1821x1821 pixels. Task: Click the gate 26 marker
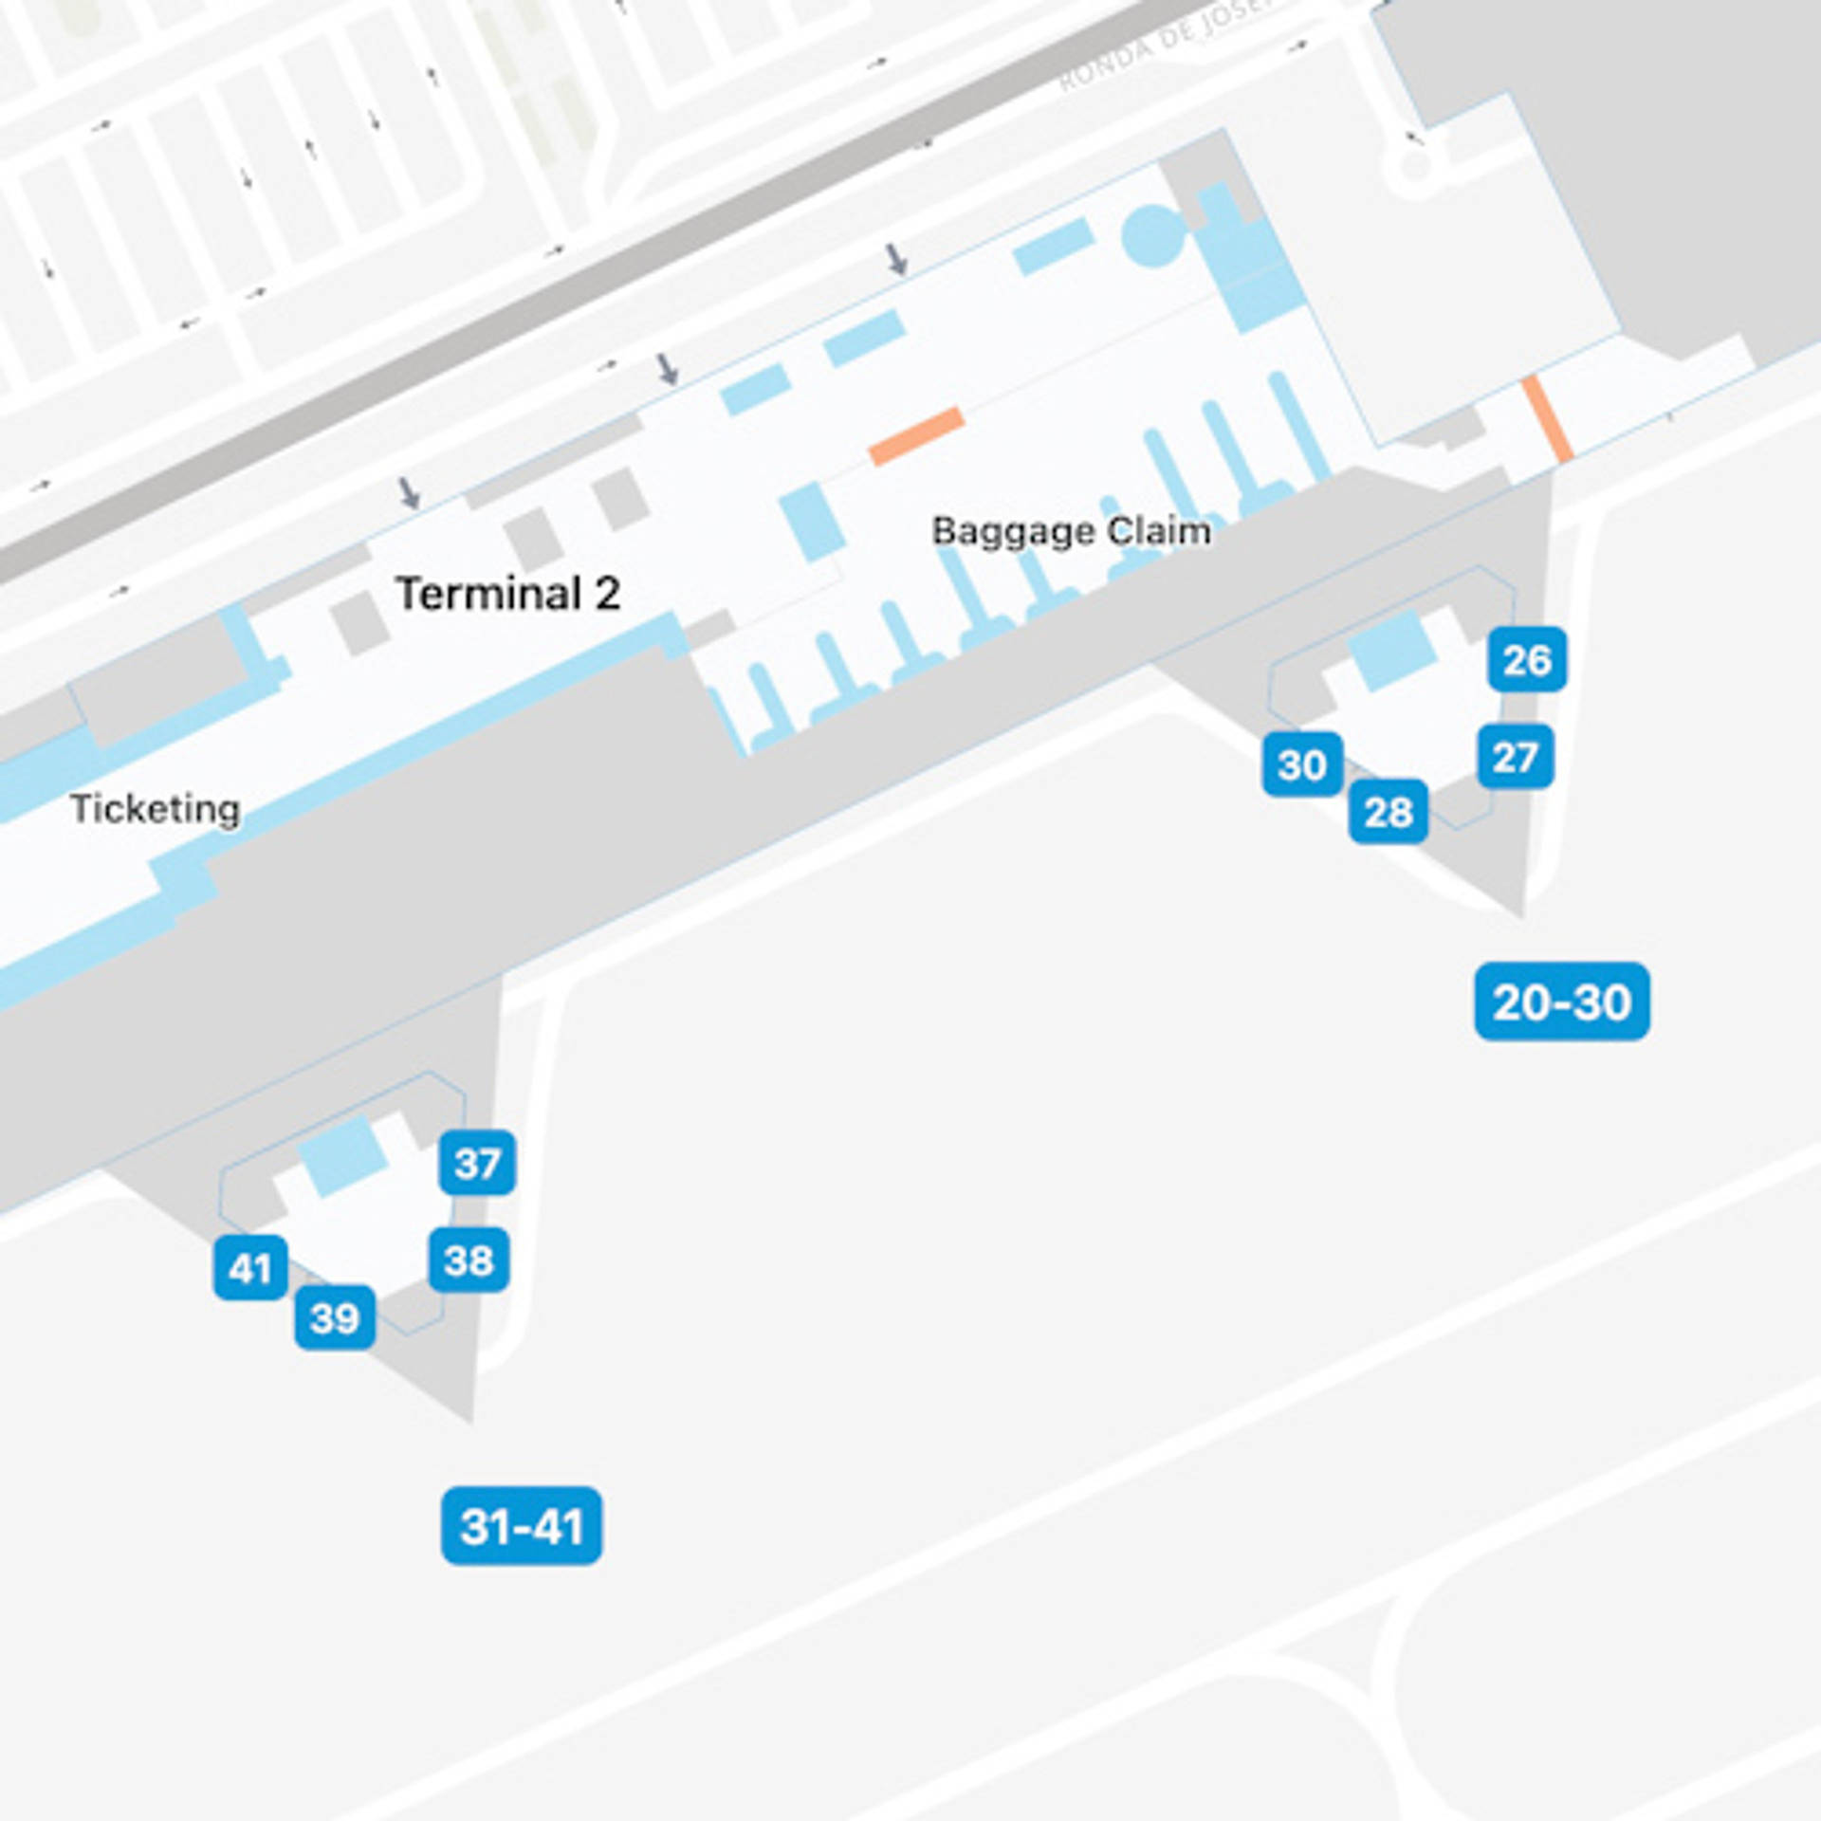[x=1527, y=659]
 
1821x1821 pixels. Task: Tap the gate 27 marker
[x=1515, y=757]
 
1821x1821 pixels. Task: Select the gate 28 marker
[x=1388, y=812]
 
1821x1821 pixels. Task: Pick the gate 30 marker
[x=1301, y=764]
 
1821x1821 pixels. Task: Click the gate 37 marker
[x=477, y=1163]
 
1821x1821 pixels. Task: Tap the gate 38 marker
[x=469, y=1260]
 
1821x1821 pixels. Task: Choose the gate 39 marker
[x=335, y=1317]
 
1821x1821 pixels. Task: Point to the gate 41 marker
[x=250, y=1268]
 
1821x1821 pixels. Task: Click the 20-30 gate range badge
[x=1561, y=1002]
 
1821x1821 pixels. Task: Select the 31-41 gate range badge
[x=521, y=1526]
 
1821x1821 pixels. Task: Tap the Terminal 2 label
[x=507, y=594]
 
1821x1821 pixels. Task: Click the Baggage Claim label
[x=1071, y=531]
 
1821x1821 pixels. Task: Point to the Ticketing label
[x=155, y=809]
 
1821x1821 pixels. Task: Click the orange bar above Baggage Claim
[x=916, y=436]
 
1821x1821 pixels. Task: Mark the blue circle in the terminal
[x=1152, y=236]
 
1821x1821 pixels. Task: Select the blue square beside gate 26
[x=1391, y=651]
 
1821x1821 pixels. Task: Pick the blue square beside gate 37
[x=341, y=1155]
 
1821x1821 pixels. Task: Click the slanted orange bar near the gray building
[x=1547, y=419]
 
